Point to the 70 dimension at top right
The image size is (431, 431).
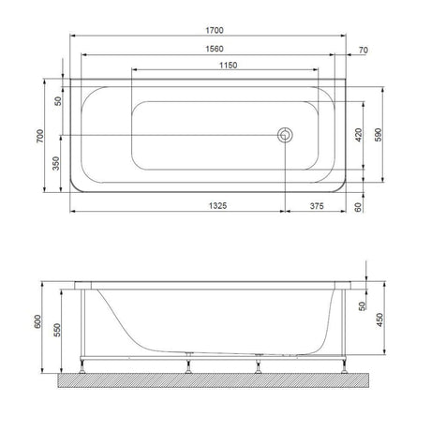tap(362, 49)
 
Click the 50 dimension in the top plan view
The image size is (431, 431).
tap(57, 100)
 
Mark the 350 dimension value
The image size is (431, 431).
tap(57, 164)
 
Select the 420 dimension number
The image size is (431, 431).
tap(358, 135)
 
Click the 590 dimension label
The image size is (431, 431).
tap(379, 135)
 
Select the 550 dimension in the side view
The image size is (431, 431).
tap(57, 330)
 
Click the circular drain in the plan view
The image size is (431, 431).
tap(285, 136)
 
